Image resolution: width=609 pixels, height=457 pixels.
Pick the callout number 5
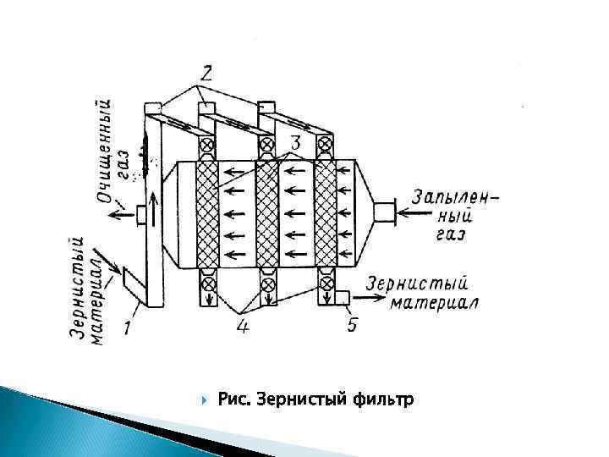(x=351, y=324)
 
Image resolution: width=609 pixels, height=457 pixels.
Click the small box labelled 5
(x=343, y=297)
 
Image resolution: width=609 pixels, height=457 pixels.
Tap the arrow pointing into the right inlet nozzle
(x=413, y=212)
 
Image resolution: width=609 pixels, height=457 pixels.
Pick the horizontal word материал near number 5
(x=435, y=303)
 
